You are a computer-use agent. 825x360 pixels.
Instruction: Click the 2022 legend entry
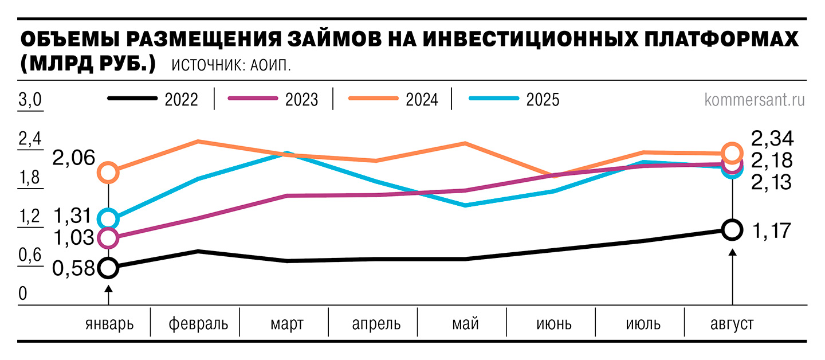point(153,100)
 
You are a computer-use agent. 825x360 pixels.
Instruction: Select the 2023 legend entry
point(273,100)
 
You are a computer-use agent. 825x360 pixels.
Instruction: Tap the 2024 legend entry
point(394,100)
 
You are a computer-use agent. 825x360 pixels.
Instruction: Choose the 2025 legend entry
point(514,100)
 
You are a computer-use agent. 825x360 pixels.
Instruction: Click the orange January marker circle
point(108,172)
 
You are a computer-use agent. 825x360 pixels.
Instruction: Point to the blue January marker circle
point(108,218)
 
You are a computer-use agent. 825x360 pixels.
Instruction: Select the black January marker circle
point(108,267)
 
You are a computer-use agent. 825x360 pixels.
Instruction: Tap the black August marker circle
point(732,229)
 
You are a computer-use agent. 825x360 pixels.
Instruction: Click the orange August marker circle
point(732,153)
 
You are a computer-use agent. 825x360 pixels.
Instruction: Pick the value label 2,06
point(73,158)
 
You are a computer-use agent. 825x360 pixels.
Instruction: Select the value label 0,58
point(73,268)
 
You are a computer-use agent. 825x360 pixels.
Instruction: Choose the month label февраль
point(198,324)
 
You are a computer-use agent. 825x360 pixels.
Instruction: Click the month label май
point(465,324)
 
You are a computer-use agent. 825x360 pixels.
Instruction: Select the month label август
point(732,324)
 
